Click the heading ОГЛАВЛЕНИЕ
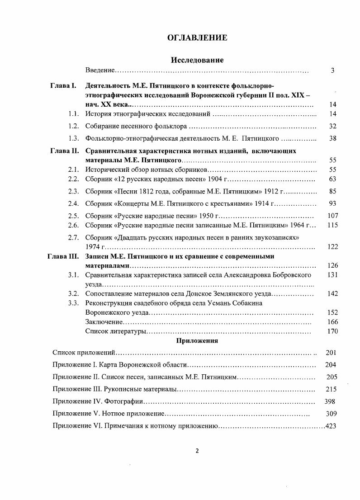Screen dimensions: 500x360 (197, 38)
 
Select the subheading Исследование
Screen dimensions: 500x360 (197, 60)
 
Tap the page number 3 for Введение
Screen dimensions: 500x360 (332, 71)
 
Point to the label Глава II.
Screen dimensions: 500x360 (64, 151)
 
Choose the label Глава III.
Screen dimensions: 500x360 (63, 256)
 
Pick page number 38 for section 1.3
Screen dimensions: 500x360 (332, 138)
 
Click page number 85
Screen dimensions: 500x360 (332, 191)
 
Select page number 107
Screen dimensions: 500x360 (332, 216)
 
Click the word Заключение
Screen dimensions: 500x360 (104, 321)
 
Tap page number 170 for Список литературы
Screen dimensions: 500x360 (332, 332)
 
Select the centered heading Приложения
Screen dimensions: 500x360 (197, 341)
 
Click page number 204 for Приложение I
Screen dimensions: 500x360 (331, 365)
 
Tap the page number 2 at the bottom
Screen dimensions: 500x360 (197, 450)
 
